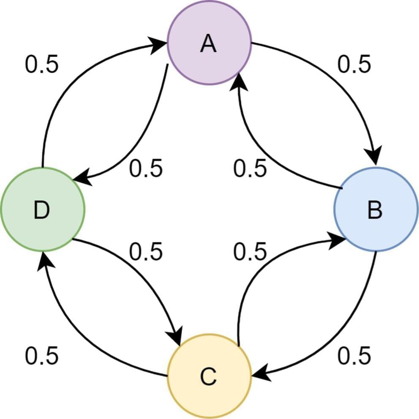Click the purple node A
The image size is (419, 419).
[209, 43]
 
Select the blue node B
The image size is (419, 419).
[375, 209]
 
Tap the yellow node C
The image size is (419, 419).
[209, 376]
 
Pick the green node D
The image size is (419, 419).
[42, 209]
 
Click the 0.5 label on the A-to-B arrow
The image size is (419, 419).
[354, 64]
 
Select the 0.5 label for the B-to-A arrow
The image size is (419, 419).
[250, 168]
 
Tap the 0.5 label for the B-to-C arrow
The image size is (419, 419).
[354, 356]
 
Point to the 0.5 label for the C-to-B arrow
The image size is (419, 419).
[250, 252]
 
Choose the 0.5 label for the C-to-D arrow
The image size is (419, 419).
[41, 356]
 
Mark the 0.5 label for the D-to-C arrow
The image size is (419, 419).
[146, 252]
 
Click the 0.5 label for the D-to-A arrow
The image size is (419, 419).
[41, 64]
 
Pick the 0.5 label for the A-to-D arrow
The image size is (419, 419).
[146, 168]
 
